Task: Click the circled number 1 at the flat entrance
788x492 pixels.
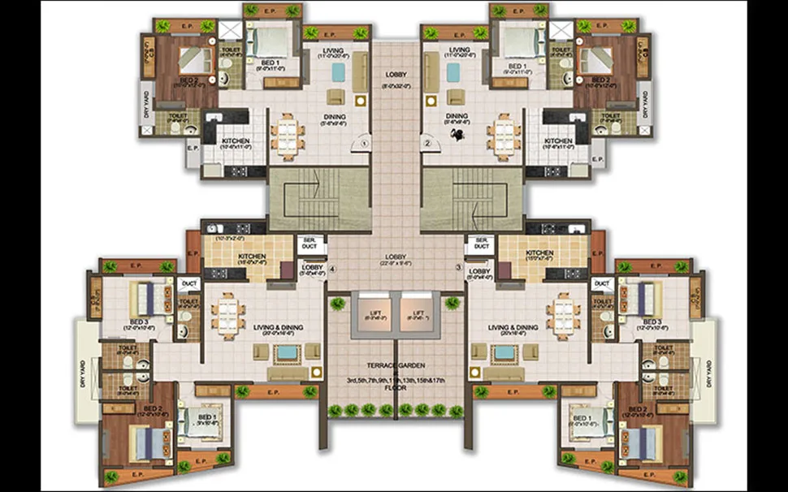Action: coord(365,144)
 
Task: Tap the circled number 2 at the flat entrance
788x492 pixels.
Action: coord(426,144)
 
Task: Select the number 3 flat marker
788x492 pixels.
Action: coord(458,265)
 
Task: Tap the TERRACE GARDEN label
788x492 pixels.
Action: coord(396,365)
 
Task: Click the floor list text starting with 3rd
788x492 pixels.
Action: coord(396,379)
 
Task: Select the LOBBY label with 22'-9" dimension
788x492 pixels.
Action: coord(396,261)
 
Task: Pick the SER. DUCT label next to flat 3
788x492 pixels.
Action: coord(481,243)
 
